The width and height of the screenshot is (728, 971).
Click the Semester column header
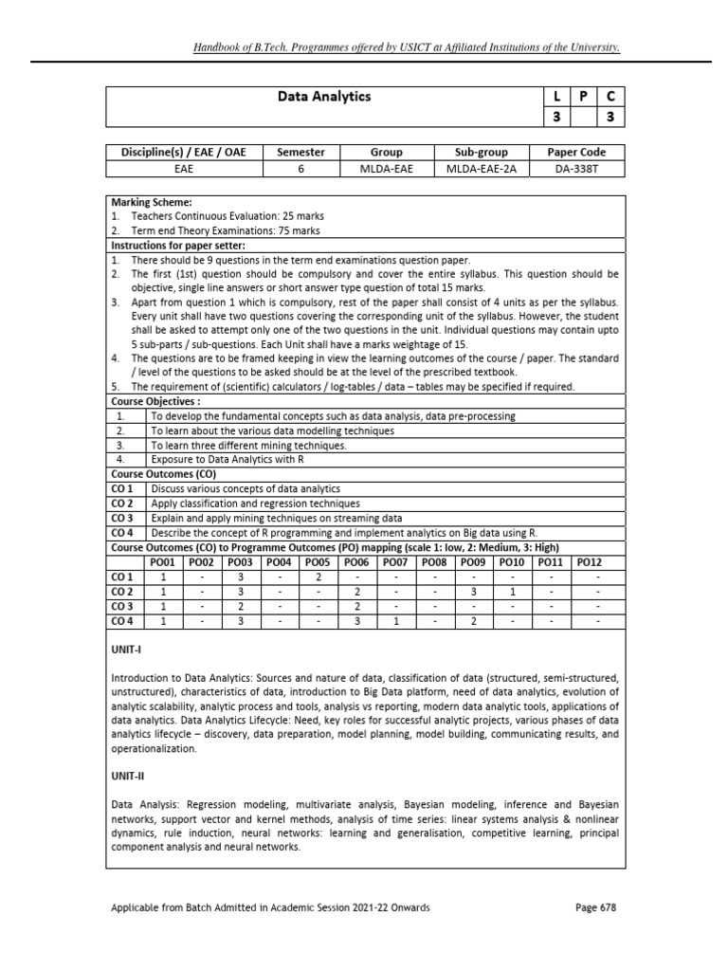300,152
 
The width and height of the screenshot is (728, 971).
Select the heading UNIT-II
127,774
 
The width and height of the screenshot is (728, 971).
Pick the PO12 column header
590,561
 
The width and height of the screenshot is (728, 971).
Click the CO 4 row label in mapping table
122,621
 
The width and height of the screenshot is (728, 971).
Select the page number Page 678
595,907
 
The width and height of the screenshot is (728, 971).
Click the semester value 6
300,169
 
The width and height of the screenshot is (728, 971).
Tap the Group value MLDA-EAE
387,169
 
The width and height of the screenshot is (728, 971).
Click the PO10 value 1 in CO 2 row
512,591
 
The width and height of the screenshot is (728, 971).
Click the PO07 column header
396,561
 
